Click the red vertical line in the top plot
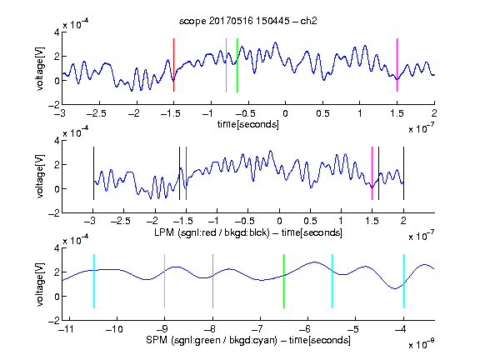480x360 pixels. click(x=173, y=65)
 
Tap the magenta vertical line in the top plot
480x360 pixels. click(x=397, y=65)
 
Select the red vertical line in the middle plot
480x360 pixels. click(x=186, y=173)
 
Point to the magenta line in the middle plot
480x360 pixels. click(x=372, y=173)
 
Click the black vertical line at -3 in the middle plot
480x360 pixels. click(x=93, y=173)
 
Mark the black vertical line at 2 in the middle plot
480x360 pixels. click(x=403, y=173)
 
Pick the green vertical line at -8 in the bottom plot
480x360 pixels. click(x=212, y=281)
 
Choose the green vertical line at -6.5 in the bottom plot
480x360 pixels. click(x=284, y=281)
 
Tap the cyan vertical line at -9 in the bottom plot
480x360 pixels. click(x=164, y=281)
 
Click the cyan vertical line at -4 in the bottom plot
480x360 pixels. click(x=403, y=281)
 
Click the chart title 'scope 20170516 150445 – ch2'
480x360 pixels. click(x=248, y=21)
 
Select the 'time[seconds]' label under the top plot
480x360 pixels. click(x=248, y=124)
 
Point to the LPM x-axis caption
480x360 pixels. click(x=248, y=232)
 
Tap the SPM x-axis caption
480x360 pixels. click(x=248, y=340)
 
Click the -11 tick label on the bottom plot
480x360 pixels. click(x=66, y=329)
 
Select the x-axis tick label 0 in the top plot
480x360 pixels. click(x=285, y=113)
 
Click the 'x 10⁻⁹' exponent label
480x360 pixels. click(x=422, y=344)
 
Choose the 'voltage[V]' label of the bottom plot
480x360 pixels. click(x=40, y=284)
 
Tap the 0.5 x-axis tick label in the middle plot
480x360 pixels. click(x=310, y=221)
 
